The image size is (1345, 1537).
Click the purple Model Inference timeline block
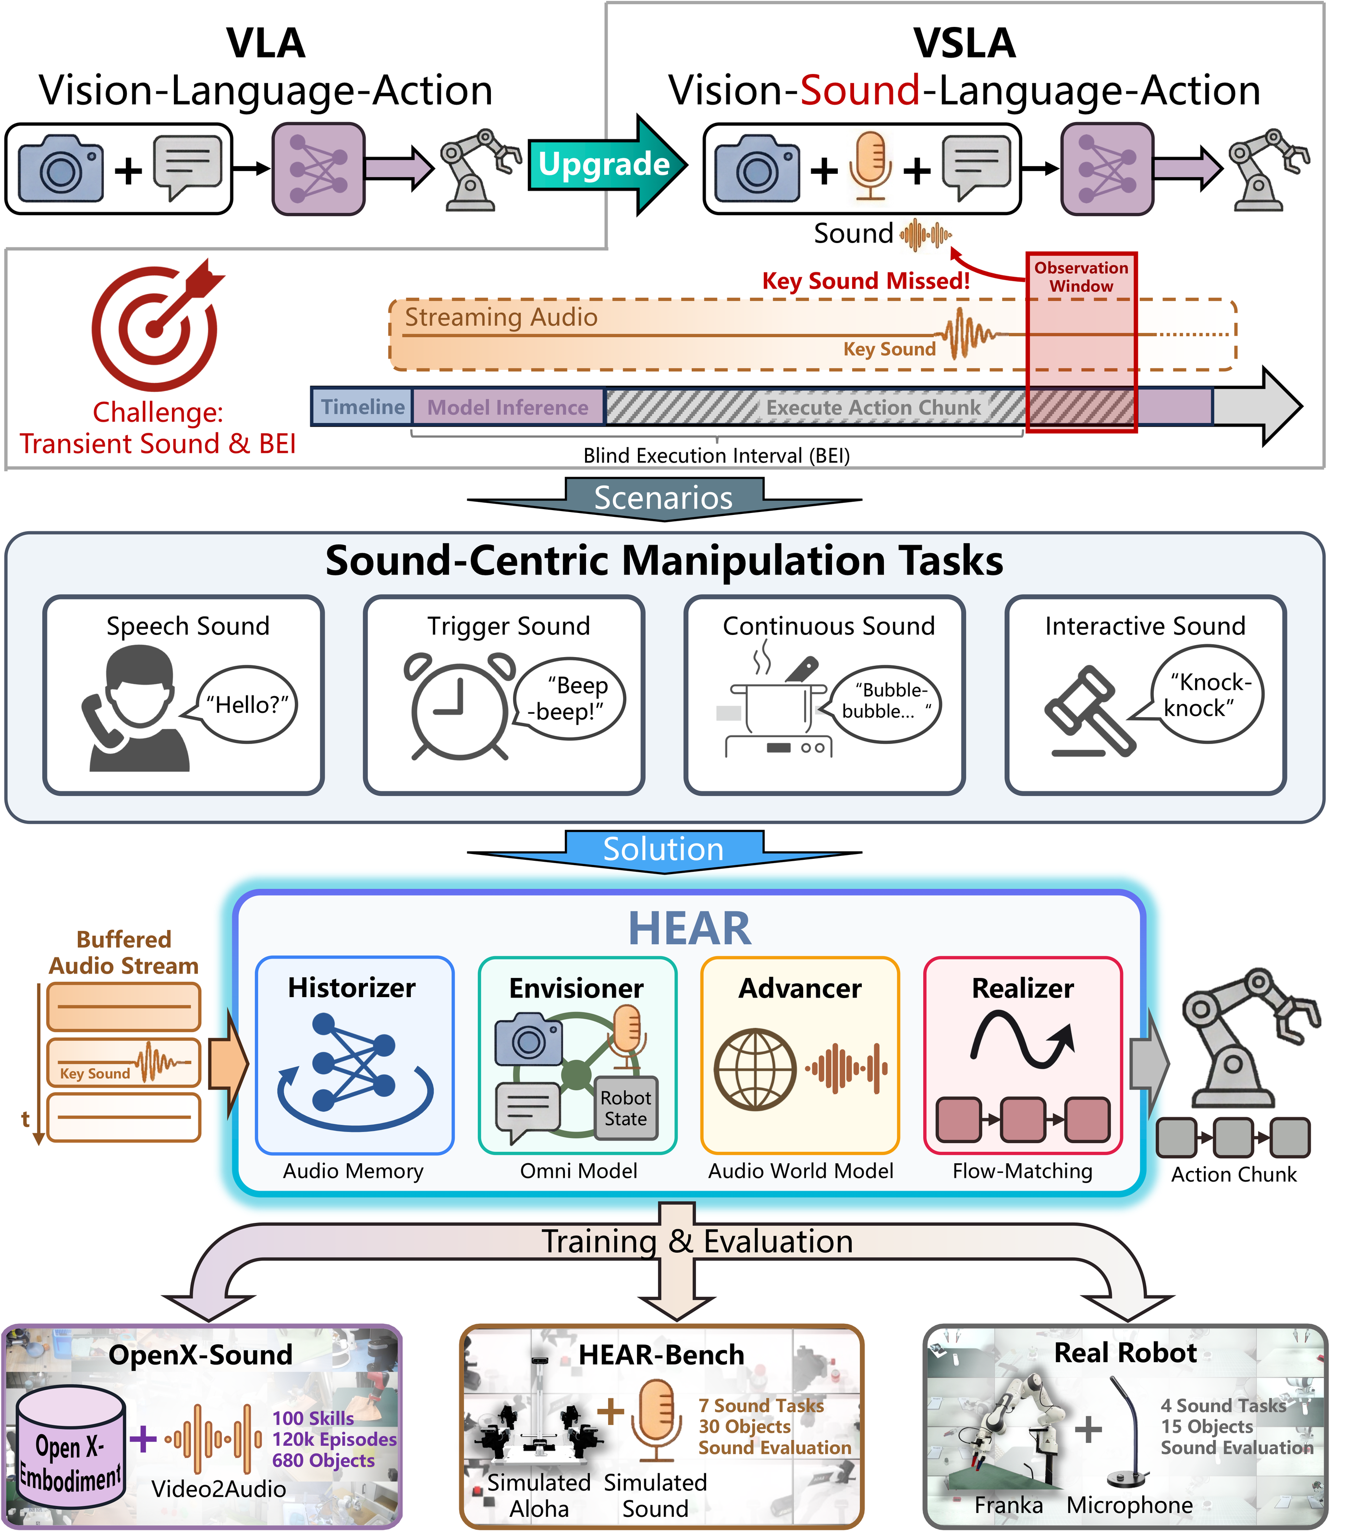[508, 407]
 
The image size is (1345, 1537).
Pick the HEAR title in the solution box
[688, 928]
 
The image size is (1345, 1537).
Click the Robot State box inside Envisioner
[626, 1109]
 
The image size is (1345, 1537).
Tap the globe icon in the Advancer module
[755, 1069]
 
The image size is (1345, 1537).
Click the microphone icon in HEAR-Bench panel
[657, 1420]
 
